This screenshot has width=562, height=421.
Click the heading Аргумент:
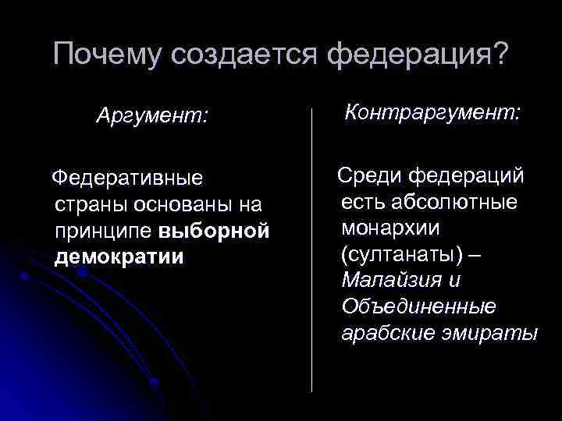tap(152, 117)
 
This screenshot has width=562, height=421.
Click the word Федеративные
tap(126, 179)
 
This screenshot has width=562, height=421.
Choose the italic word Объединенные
tap(418, 307)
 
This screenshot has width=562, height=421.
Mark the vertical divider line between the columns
tap(312, 249)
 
